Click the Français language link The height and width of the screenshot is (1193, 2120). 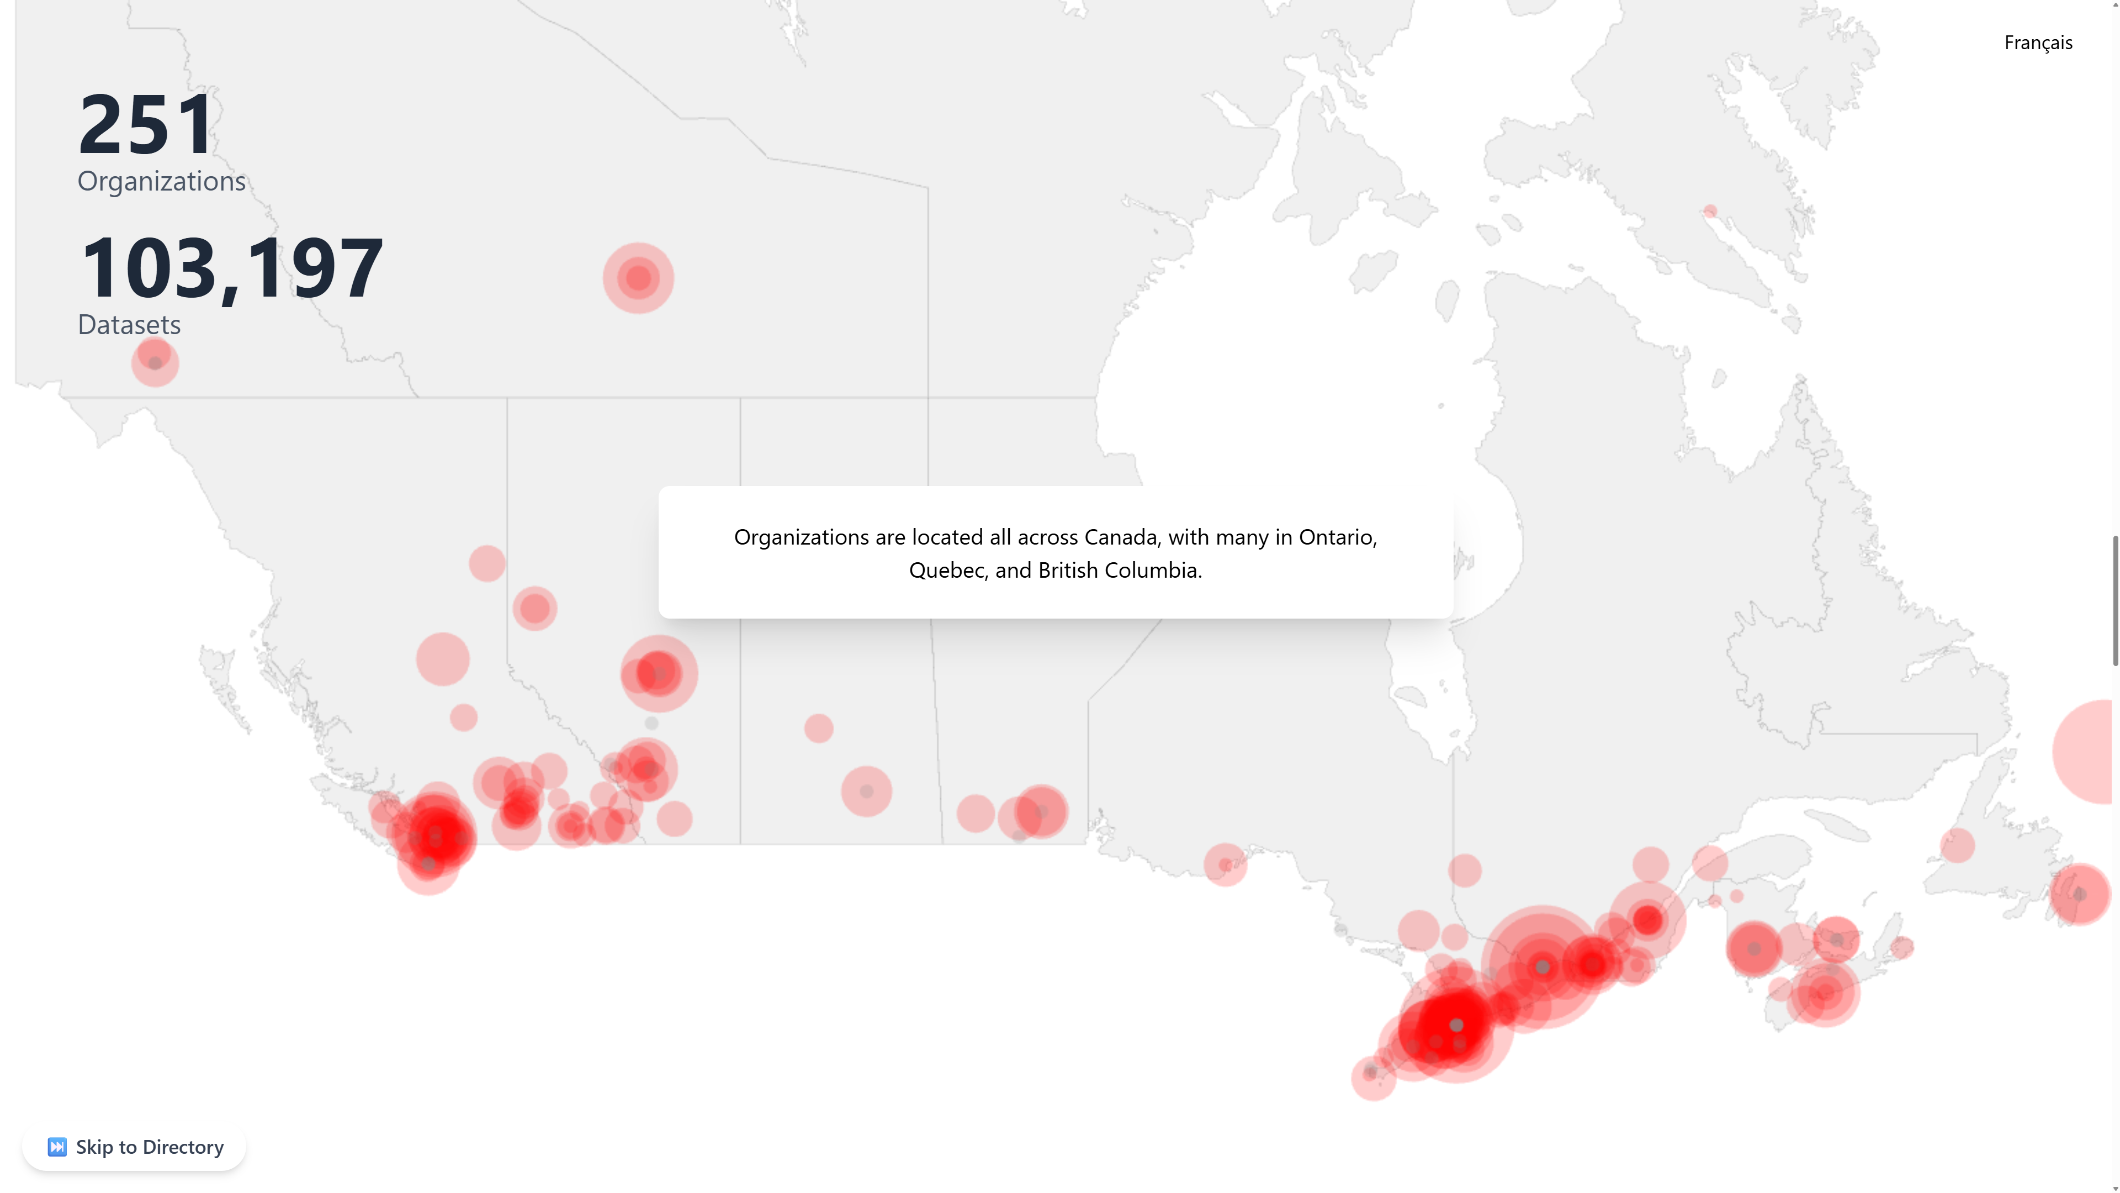coord(2038,43)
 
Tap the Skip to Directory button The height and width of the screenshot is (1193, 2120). coord(134,1147)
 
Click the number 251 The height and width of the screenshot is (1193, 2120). coord(146,125)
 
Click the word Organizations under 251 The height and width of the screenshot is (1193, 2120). coord(161,181)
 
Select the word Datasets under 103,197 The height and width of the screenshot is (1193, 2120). coord(129,325)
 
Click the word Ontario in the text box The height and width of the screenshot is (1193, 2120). coord(1337,537)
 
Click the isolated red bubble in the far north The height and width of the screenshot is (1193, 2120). coord(638,278)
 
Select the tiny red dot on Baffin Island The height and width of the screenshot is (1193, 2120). coord(1710,212)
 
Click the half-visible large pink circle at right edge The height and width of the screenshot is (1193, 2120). coord(2086,751)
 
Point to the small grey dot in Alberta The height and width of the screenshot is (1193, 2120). coord(651,723)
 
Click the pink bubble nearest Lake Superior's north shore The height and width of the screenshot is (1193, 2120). coord(1226,864)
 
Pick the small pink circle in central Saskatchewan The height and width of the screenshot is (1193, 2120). coord(818,728)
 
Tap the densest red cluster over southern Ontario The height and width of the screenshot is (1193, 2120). coord(1449,1025)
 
